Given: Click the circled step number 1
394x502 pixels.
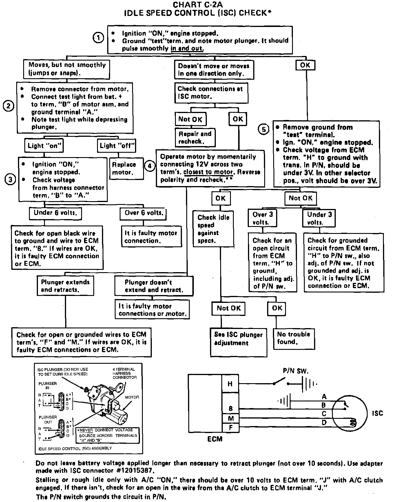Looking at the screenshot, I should point(99,38).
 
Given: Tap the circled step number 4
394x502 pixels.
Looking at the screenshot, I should point(149,166).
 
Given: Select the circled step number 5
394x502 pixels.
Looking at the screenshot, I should point(264,129).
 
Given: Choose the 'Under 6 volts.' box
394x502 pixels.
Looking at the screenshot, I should point(55,213).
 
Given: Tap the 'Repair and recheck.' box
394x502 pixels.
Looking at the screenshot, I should point(195,137).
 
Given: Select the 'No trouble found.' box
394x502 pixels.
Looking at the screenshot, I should point(293,338).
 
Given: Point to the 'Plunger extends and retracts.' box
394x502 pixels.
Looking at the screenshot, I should point(65,286).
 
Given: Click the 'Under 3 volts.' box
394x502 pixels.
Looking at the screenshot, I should point(319,218).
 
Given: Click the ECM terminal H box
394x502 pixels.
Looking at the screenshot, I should point(230,384).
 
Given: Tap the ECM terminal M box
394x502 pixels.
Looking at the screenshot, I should point(231,419).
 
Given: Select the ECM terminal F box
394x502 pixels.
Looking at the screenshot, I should point(231,427).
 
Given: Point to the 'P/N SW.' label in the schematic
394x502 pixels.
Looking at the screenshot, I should point(295,371).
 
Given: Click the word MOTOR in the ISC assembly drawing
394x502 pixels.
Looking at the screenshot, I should point(132,397).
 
